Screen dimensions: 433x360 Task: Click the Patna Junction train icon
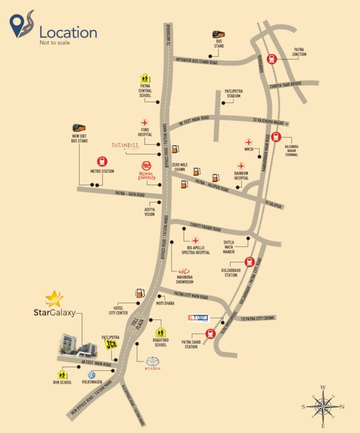(271, 58)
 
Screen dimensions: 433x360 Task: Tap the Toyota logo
(153, 363)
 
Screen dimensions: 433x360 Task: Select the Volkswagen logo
(90, 374)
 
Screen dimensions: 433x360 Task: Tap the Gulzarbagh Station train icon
(249, 262)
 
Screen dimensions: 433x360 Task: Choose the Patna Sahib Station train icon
(210, 333)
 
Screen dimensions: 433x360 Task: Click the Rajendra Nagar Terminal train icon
(276, 136)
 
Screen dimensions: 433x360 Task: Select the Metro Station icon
(103, 161)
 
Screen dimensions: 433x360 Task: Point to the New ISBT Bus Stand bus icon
(80, 129)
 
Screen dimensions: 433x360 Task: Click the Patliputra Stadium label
(233, 93)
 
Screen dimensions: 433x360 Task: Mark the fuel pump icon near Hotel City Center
(138, 293)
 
